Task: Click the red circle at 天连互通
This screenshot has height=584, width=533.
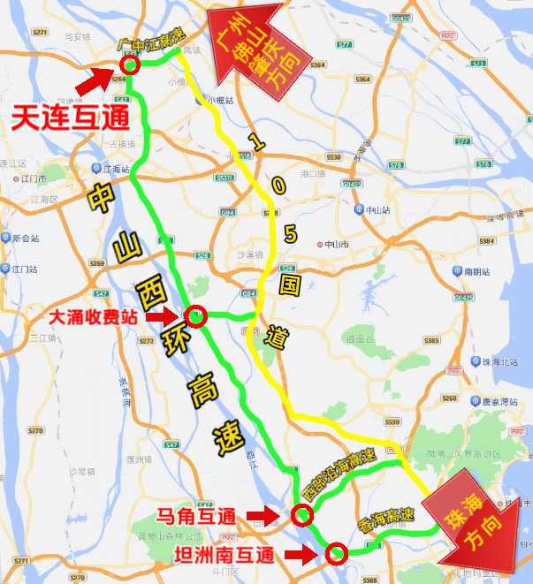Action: tap(130, 64)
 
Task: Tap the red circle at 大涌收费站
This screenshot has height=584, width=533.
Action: tap(195, 315)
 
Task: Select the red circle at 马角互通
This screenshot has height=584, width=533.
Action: tap(302, 516)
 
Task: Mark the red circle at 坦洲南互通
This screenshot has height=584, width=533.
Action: tap(336, 554)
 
